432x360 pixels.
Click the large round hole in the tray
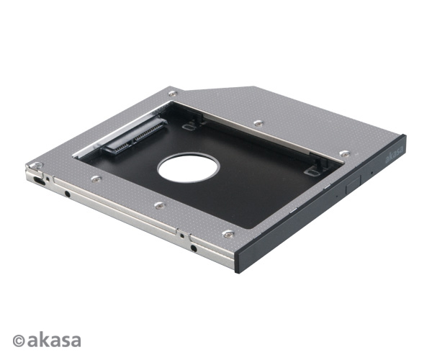(x=189, y=168)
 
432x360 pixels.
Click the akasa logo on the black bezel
(x=395, y=155)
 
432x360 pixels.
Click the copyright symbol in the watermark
(x=19, y=341)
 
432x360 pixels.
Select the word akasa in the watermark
(x=54, y=340)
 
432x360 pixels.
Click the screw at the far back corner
(x=173, y=94)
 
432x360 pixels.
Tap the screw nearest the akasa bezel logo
(x=344, y=153)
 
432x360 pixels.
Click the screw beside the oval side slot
(x=37, y=166)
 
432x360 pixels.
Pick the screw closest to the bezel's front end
(x=228, y=234)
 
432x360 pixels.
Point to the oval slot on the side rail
(x=39, y=181)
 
